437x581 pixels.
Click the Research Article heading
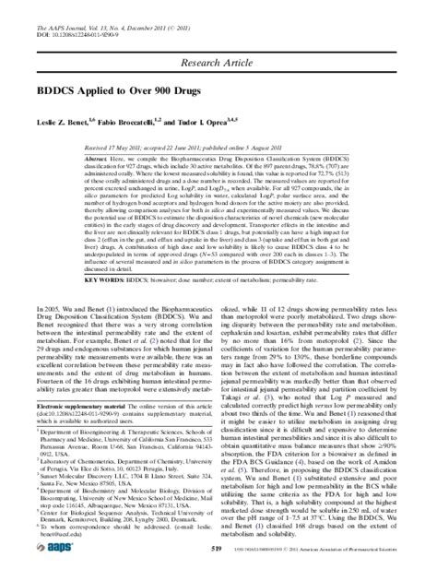(218, 62)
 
